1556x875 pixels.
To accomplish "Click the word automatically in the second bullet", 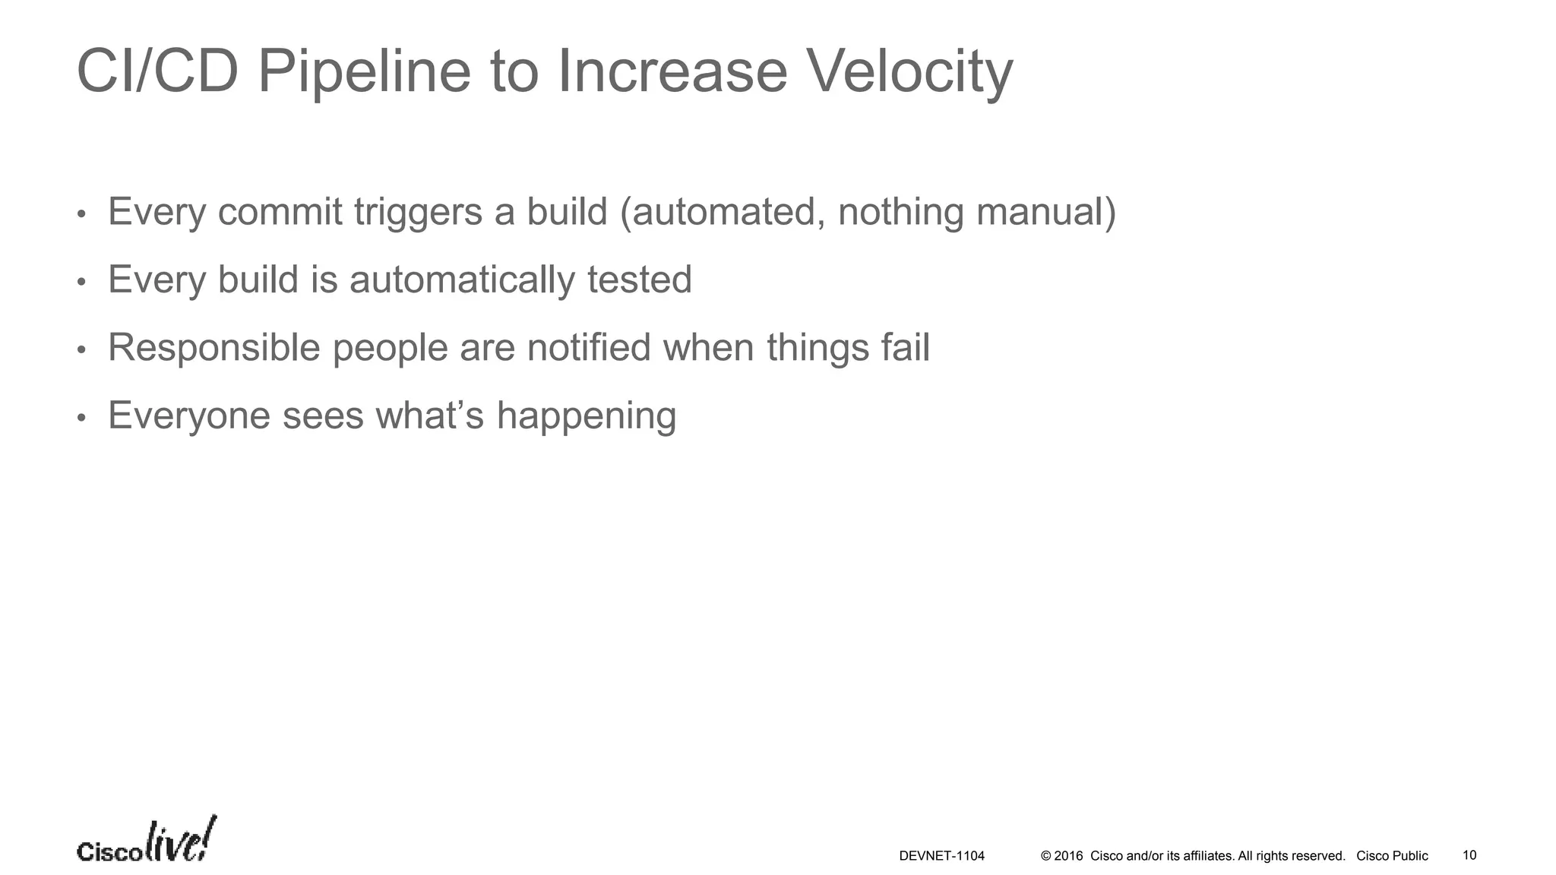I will point(462,280).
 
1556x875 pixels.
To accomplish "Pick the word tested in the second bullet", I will point(639,280).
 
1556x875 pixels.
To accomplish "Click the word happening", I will point(586,415).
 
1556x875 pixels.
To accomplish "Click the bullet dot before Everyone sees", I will point(82,418).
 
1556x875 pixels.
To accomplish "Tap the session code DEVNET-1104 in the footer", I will point(941,856).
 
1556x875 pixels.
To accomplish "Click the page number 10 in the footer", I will point(1469,855).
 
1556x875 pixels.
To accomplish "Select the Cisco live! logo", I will point(147,842).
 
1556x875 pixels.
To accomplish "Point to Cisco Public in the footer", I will point(1392,856).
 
